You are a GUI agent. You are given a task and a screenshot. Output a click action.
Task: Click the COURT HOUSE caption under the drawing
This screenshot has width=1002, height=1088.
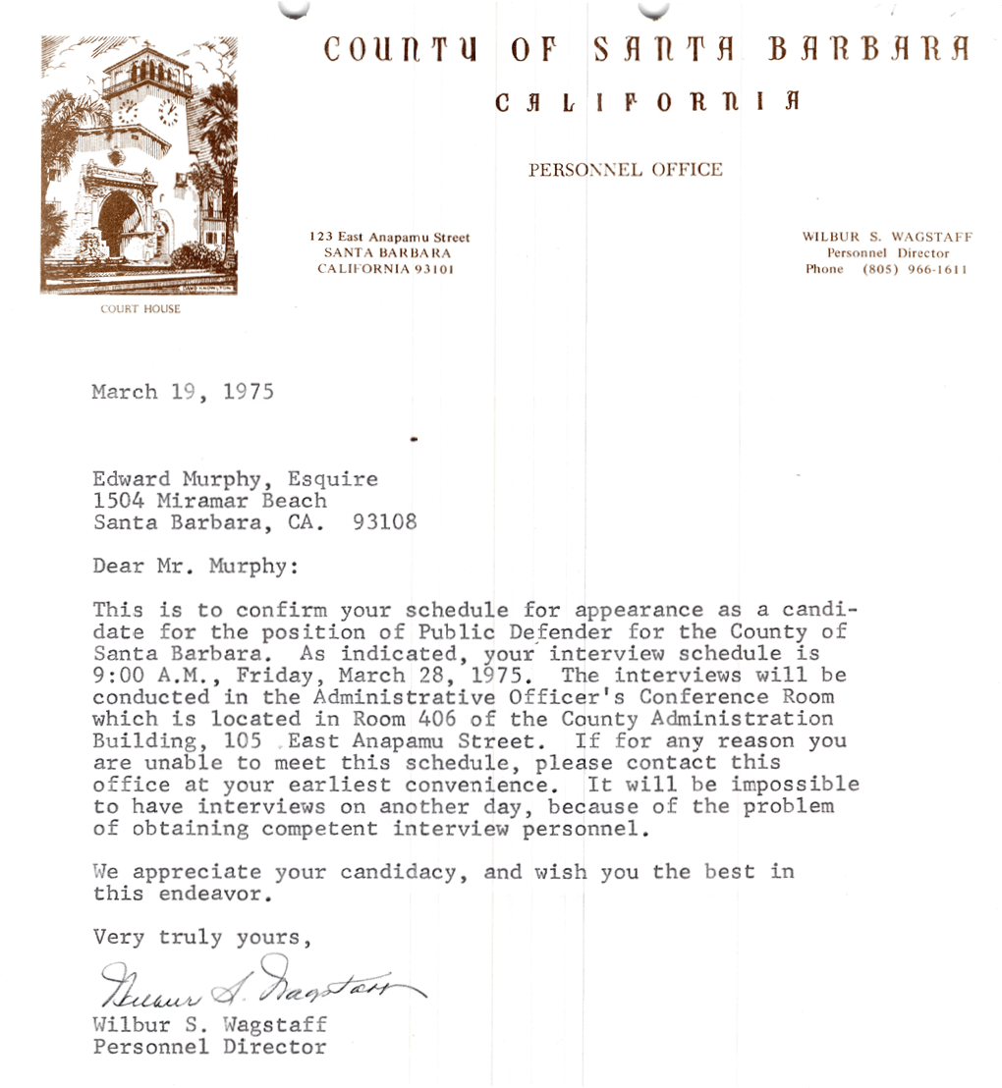(x=140, y=309)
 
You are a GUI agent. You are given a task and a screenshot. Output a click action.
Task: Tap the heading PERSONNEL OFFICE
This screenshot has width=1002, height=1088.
(x=625, y=170)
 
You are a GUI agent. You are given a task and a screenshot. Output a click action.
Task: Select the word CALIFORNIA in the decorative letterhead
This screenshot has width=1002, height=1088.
(x=646, y=101)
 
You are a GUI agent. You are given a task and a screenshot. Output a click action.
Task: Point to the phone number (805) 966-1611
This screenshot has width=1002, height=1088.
(x=915, y=269)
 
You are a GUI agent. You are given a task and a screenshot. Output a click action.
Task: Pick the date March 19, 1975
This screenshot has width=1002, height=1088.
(x=183, y=392)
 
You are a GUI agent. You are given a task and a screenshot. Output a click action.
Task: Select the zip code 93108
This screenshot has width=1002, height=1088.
(x=384, y=522)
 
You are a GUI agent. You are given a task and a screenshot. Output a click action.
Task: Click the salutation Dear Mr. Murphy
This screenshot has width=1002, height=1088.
(x=194, y=567)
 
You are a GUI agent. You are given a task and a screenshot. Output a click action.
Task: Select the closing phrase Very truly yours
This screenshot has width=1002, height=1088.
(x=202, y=937)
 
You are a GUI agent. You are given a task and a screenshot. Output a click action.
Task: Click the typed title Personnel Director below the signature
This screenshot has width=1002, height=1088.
(x=209, y=1047)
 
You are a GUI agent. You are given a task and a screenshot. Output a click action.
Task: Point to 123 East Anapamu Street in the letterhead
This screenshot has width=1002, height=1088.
(x=389, y=238)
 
